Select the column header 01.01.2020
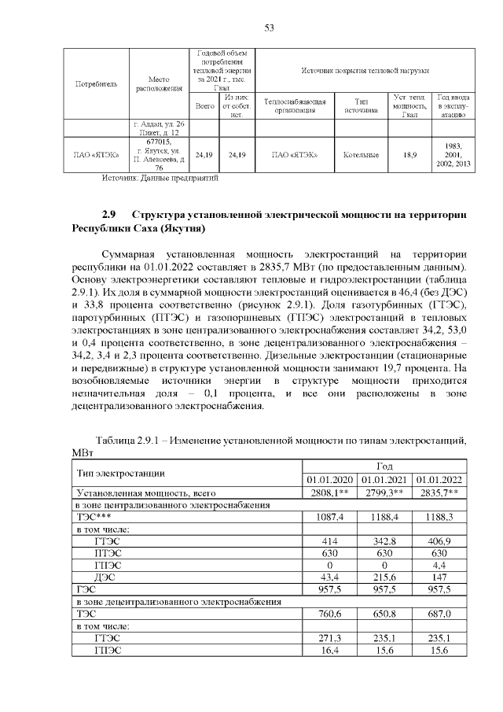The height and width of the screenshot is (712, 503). pyautogui.click(x=330, y=479)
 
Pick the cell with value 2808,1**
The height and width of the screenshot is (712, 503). pyautogui.click(x=330, y=492)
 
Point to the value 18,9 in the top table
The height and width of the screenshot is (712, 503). pyautogui.click(x=409, y=155)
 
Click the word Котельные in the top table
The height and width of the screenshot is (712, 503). pyautogui.click(x=361, y=155)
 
